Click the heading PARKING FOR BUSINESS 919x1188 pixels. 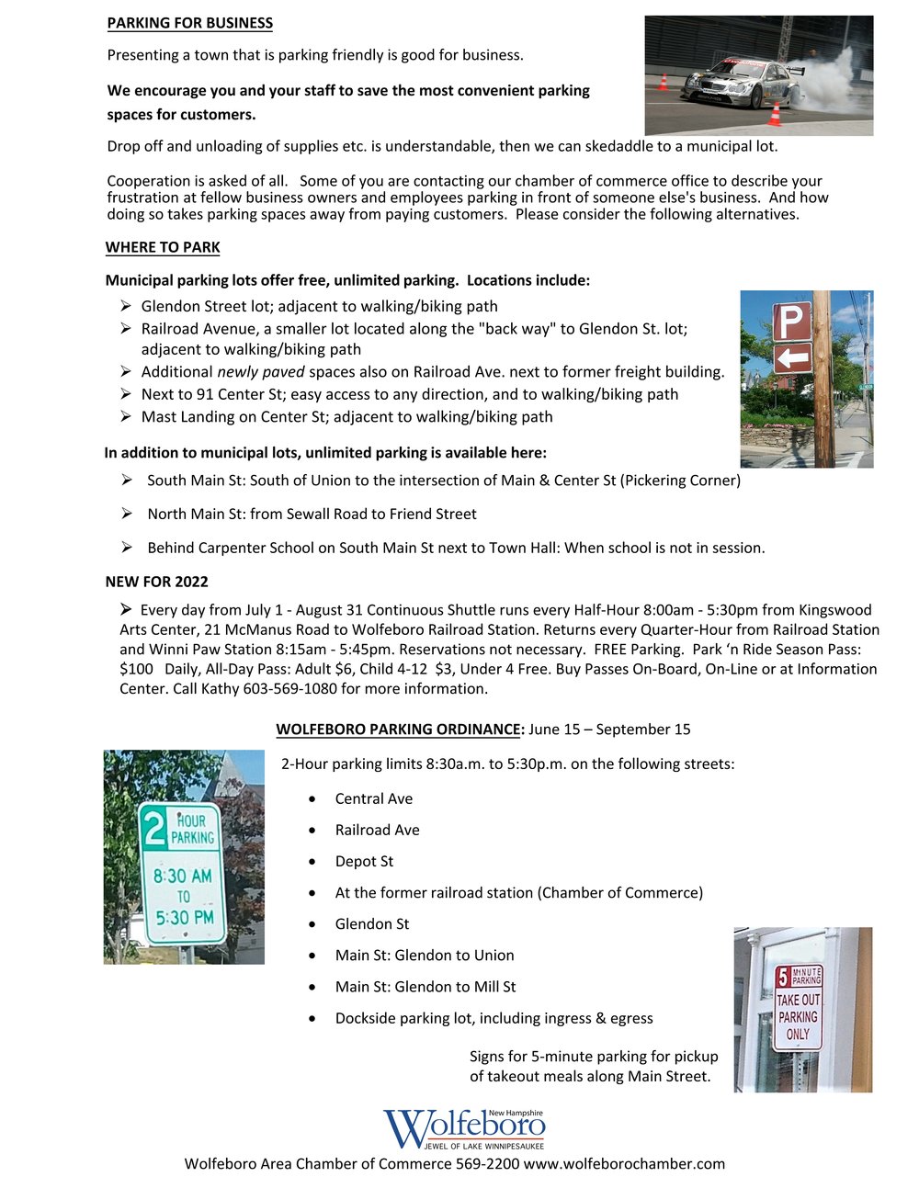pyautogui.click(x=190, y=23)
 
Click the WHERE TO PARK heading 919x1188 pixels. pyautogui.click(x=163, y=247)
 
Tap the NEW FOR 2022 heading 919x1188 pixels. pyautogui.click(x=157, y=582)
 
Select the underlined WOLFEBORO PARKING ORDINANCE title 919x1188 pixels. pyautogui.click(x=399, y=730)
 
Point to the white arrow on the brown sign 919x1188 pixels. pyautogui.click(x=792, y=356)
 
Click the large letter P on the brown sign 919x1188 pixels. pyautogui.click(x=791, y=322)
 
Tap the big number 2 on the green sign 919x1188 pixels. pyautogui.click(x=155, y=825)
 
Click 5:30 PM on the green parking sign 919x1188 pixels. pyautogui.click(x=185, y=917)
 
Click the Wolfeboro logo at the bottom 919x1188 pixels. pyautogui.click(x=464, y=1128)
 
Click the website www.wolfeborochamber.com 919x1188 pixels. pyautogui.click(x=624, y=1164)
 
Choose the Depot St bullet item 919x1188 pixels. pyautogui.click(x=364, y=862)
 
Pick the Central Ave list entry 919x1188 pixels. pyautogui.click(x=374, y=799)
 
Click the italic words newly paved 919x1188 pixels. pyautogui.click(x=261, y=372)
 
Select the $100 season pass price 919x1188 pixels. pyautogui.click(x=136, y=669)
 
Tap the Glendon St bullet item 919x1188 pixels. pyautogui.click(x=372, y=924)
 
